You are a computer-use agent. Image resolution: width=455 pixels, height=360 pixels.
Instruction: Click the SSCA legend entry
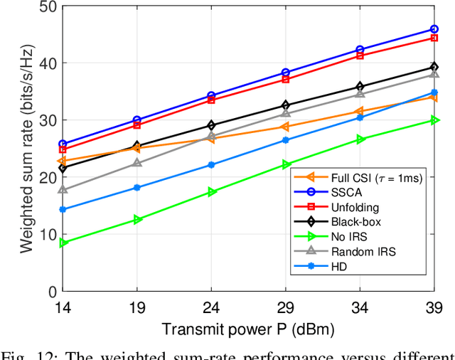pyautogui.click(x=345, y=192)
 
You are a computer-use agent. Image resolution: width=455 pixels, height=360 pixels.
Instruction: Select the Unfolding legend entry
pyautogui.click(x=355, y=207)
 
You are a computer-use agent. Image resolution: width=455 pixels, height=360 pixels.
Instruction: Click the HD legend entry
pyautogui.click(x=340, y=267)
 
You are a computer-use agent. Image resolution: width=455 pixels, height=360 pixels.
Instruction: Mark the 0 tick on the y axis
pyautogui.click(x=50, y=292)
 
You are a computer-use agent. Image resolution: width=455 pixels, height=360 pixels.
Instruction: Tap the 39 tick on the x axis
pyautogui.click(x=434, y=307)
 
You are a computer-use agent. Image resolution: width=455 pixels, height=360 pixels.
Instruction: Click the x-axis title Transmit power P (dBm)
pyautogui.click(x=247, y=329)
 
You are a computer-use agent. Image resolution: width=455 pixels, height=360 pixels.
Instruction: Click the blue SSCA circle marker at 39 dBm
pyautogui.click(x=434, y=29)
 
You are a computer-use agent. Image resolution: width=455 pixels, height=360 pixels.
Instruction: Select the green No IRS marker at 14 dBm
pyautogui.click(x=63, y=243)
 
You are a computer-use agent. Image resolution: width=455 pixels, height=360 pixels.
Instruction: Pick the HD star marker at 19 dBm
pyautogui.click(x=137, y=188)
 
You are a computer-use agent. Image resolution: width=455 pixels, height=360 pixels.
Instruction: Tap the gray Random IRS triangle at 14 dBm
pyautogui.click(x=63, y=190)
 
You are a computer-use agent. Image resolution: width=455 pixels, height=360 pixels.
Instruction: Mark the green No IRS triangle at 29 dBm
pyautogui.click(x=286, y=164)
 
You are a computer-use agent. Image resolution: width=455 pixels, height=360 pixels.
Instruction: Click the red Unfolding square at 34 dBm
pyautogui.click(x=360, y=55)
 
